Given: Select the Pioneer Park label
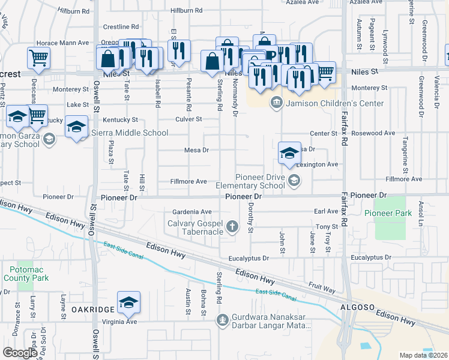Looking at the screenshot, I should click(388, 213).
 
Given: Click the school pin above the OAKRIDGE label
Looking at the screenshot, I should click(128, 302).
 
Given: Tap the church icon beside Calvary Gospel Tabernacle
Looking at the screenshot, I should click(233, 226).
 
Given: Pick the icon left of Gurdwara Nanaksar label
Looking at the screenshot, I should click(222, 319).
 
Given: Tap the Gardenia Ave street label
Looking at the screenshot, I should click(191, 212).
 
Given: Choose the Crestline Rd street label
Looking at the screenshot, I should click(121, 27).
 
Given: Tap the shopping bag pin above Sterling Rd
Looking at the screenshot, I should click(212, 61).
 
